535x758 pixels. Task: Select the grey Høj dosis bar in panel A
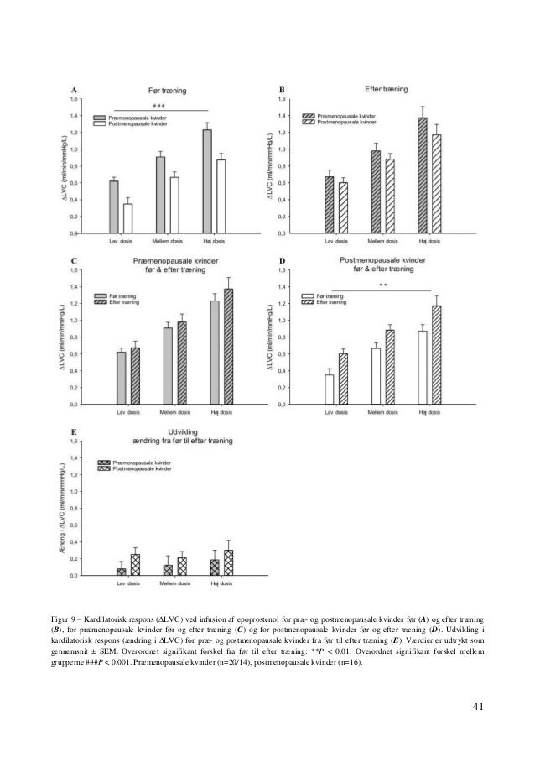click(x=206, y=180)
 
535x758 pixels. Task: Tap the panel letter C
click(x=75, y=261)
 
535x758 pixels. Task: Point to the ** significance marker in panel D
click(x=382, y=285)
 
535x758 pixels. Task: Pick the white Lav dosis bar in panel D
click(x=330, y=389)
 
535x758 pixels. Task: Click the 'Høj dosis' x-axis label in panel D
click(x=430, y=413)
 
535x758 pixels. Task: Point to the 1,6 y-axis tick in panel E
click(x=74, y=442)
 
